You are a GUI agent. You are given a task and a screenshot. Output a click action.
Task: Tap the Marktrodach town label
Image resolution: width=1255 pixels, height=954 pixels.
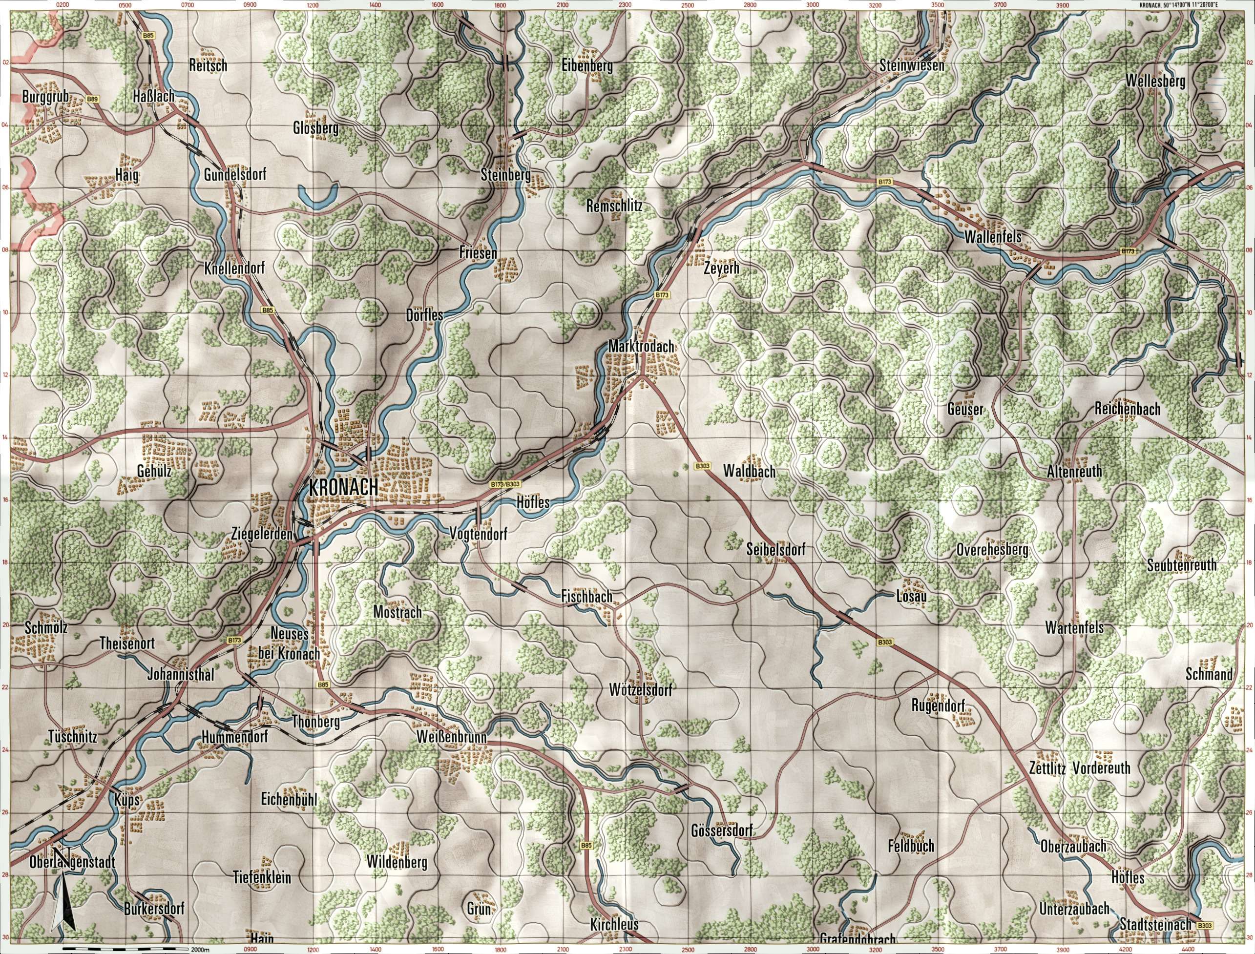641,346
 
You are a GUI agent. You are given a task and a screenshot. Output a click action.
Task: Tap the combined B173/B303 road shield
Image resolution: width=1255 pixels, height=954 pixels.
505,484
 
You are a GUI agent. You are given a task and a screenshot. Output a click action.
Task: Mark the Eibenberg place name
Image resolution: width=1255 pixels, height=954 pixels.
588,66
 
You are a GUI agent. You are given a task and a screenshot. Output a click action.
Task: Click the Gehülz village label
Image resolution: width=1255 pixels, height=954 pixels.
154,471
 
